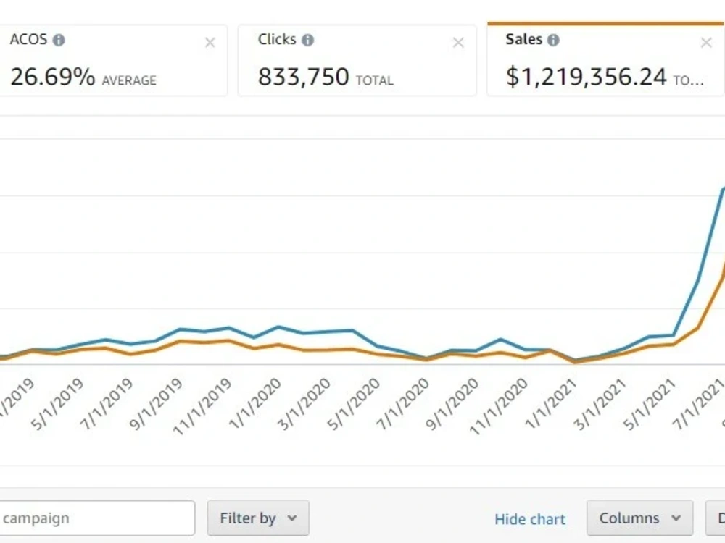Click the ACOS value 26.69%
pos(52,77)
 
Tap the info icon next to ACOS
pos(59,41)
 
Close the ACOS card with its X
pos(210,43)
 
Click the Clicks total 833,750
pos(303,77)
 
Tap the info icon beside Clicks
pos(307,41)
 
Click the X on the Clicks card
pos(458,43)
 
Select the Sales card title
pos(523,40)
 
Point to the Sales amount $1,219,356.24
pos(586,77)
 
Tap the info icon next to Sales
pos(553,41)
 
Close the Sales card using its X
pos(706,43)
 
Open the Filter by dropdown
pos(258,518)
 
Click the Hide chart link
pos(530,519)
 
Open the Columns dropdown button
pos(639,518)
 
